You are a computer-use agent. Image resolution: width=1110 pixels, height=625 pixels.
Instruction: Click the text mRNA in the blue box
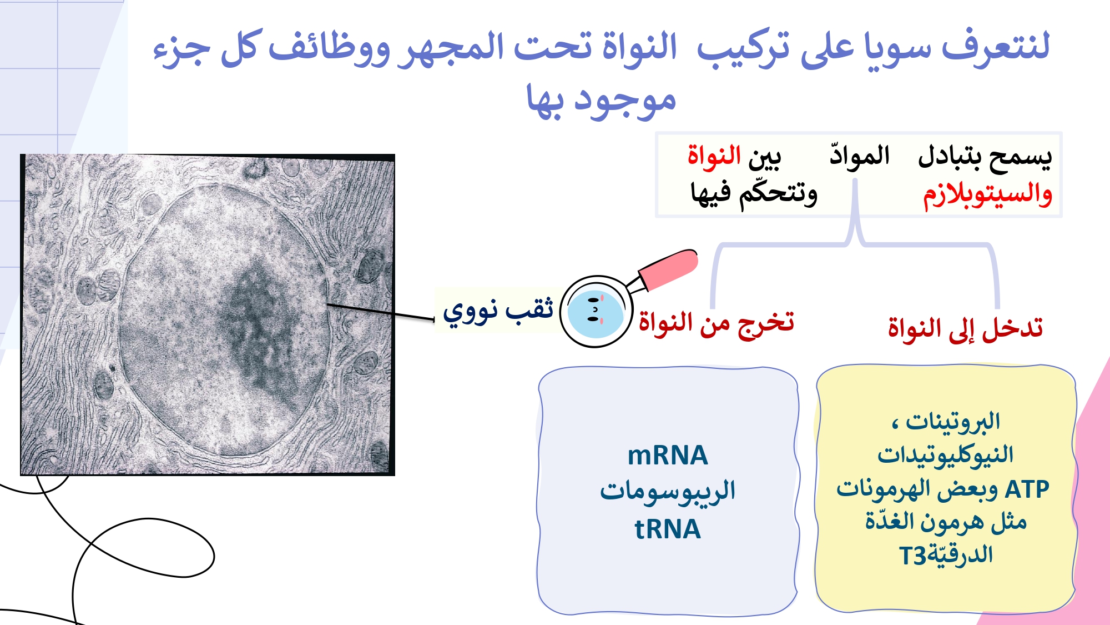(x=668, y=456)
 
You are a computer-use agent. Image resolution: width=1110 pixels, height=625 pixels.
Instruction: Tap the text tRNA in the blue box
(x=668, y=529)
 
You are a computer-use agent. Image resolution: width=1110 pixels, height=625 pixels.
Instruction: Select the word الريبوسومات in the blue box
(x=668, y=491)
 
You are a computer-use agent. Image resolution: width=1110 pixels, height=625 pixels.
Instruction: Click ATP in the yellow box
(x=1027, y=489)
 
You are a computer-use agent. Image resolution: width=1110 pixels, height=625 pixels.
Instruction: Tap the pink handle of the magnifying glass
(x=669, y=269)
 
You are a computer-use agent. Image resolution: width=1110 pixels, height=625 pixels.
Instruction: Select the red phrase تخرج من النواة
(x=717, y=323)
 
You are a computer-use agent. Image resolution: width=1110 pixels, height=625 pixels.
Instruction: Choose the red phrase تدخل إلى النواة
(x=965, y=328)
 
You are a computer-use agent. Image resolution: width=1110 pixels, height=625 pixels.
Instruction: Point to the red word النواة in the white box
(x=714, y=156)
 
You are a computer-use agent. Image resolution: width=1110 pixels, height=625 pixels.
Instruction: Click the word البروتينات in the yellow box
(x=953, y=422)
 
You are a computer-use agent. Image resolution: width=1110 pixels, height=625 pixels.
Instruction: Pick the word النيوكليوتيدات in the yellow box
(x=945, y=455)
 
